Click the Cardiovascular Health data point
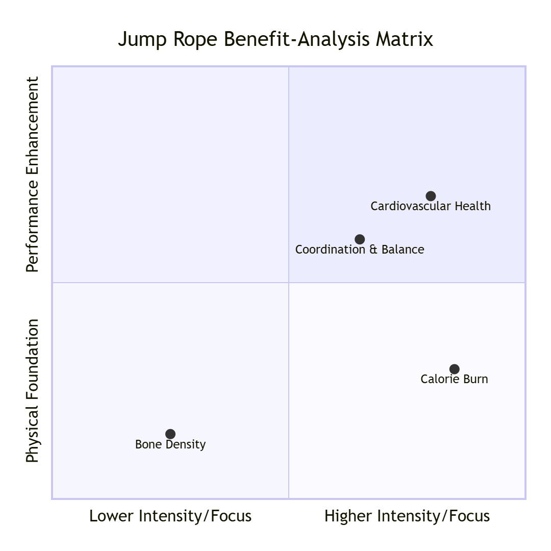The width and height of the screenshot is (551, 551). [431, 196]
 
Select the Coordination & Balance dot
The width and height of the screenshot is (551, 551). [360, 239]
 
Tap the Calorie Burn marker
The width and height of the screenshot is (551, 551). [455, 369]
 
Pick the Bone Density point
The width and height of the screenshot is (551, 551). [170, 434]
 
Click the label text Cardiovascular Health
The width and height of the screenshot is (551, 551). [431, 206]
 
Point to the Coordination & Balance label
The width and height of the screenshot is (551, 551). [360, 249]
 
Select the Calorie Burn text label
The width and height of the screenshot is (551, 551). [454, 379]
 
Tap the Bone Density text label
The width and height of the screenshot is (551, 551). [170, 444]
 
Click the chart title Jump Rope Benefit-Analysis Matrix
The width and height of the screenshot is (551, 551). [275, 39]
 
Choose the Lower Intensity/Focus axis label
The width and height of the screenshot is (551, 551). [170, 516]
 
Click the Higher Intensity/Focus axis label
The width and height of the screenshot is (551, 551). [407, 516]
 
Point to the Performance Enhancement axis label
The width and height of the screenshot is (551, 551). [33, 174]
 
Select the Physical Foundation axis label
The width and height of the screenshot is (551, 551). [33, 391]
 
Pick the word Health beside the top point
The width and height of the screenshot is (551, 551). [472, 206]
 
